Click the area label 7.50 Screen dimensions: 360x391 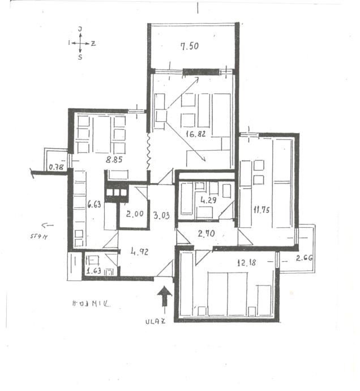point(190,47)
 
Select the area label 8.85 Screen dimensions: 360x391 point(114,160)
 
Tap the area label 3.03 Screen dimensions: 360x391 point(161,214)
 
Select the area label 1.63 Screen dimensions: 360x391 point(93,271)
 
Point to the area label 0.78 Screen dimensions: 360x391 point(57,167)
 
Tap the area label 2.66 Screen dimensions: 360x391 point(304,258)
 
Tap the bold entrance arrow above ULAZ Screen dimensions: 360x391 point(164,296)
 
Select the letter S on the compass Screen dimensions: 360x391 point(80,57)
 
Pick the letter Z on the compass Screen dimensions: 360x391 point(93,42)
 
